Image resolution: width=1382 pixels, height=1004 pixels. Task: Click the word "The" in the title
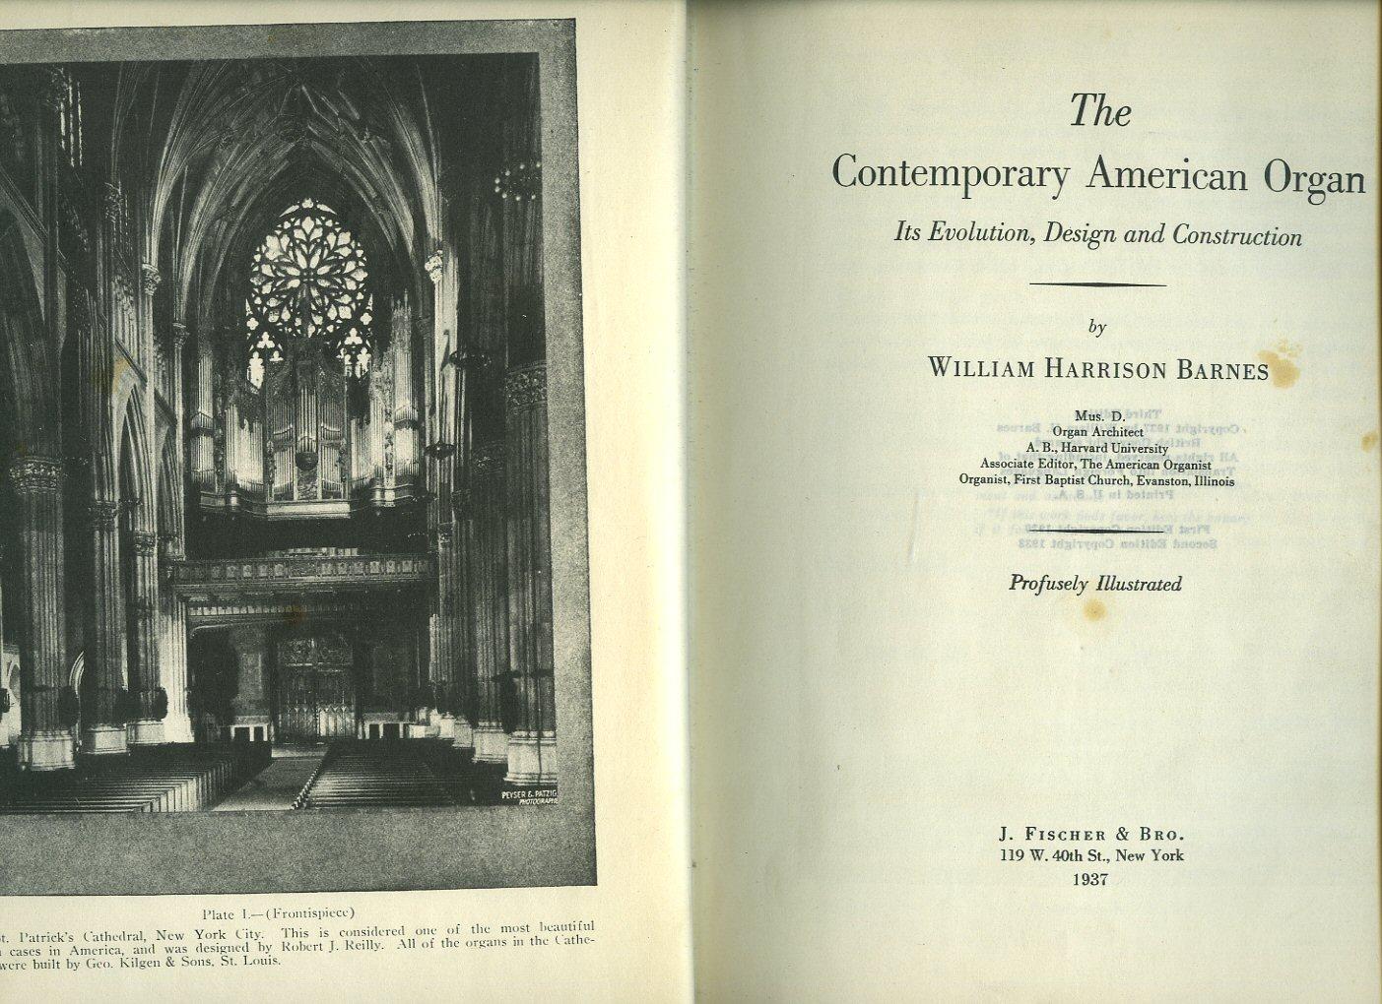(x=1100, y=111)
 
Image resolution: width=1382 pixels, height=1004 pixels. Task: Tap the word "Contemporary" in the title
(x=951, y=174)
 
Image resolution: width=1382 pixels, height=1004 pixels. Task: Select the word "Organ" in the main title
(x=1315, y=177)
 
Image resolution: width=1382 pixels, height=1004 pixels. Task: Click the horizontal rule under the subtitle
(x=1097, y=284)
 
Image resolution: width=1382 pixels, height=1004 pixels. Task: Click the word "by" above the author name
(x=1097, y=328)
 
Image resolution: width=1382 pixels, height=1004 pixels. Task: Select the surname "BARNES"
(x=1221, y=369)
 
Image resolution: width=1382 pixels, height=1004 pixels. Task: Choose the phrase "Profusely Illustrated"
(x=1095, y=584)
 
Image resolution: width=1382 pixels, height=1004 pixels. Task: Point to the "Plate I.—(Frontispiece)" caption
(x=279, y=910)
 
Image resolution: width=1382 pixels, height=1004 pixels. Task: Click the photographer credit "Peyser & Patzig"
(x=529, y=792)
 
